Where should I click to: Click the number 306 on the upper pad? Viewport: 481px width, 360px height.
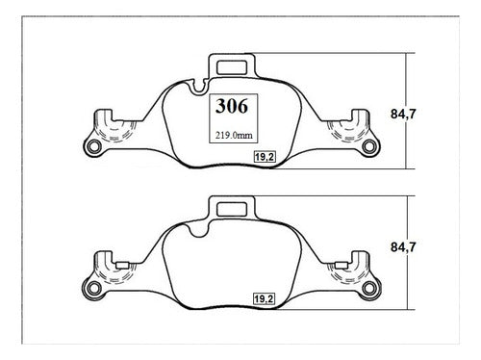click(232, 106)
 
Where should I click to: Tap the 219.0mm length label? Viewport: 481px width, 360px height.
click(234, 136)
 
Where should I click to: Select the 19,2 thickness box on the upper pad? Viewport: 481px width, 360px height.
click(265, 157)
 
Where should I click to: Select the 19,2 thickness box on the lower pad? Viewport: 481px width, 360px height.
click(264, 299)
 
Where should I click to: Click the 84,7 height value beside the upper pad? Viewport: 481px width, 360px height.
click(403, 114)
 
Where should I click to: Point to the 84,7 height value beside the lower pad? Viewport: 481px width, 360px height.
click(403, 247)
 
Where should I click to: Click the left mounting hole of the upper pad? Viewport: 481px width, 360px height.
click(94, 146)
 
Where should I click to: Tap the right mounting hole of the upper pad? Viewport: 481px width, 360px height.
click(368, 146)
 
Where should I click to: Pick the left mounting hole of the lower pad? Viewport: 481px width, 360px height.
click(94, 288)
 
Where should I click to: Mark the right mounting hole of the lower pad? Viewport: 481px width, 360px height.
click(369, 288)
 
